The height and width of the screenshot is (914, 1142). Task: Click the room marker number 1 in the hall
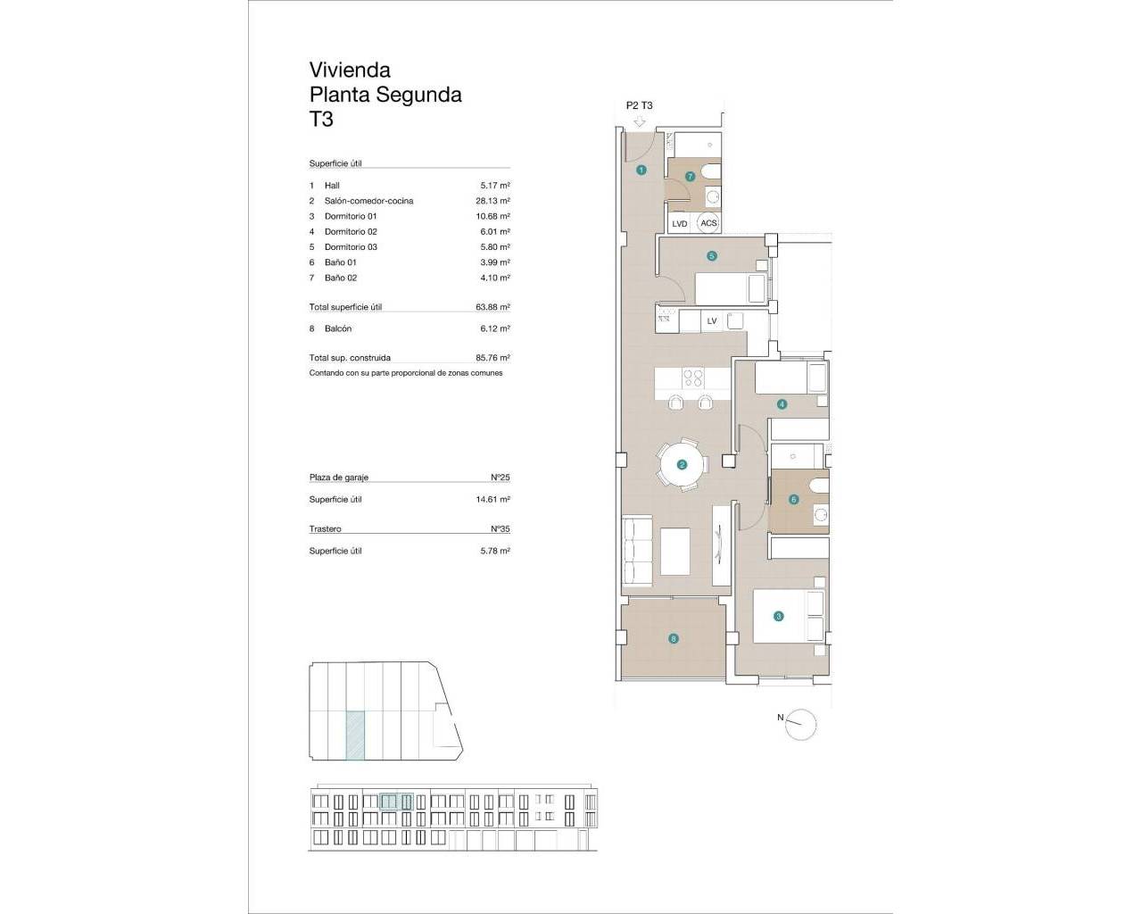tap(641, 170)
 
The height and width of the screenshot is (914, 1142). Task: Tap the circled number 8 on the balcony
tap(673, 638)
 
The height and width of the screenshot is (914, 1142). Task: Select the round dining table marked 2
tap(683, 464)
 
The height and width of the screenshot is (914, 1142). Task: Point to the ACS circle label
tap(708, 223)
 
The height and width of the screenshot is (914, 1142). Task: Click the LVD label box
tap(680, 224)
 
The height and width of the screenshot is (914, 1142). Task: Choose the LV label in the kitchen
tap(712, 320)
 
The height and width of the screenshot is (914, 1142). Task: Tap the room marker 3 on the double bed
tap(778, 616)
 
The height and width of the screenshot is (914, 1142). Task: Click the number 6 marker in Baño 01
tap(793, 500)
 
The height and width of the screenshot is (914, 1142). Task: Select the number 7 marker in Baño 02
tap(690, 177)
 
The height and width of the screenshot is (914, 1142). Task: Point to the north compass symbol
tap(801, 724)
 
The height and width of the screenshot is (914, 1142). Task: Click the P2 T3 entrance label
tap(640, 105)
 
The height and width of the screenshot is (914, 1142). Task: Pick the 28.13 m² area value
tap(492, 201)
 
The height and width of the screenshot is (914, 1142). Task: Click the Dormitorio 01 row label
tap(351, 216)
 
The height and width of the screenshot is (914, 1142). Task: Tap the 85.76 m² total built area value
tap(492, 358)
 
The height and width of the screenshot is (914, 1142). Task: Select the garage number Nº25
tap(500, 478)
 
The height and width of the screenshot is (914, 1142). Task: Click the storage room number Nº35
tap(500, 529)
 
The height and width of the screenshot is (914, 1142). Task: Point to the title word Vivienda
tap(350, 70)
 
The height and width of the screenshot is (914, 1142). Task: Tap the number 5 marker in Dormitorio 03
tap(712, 256)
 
